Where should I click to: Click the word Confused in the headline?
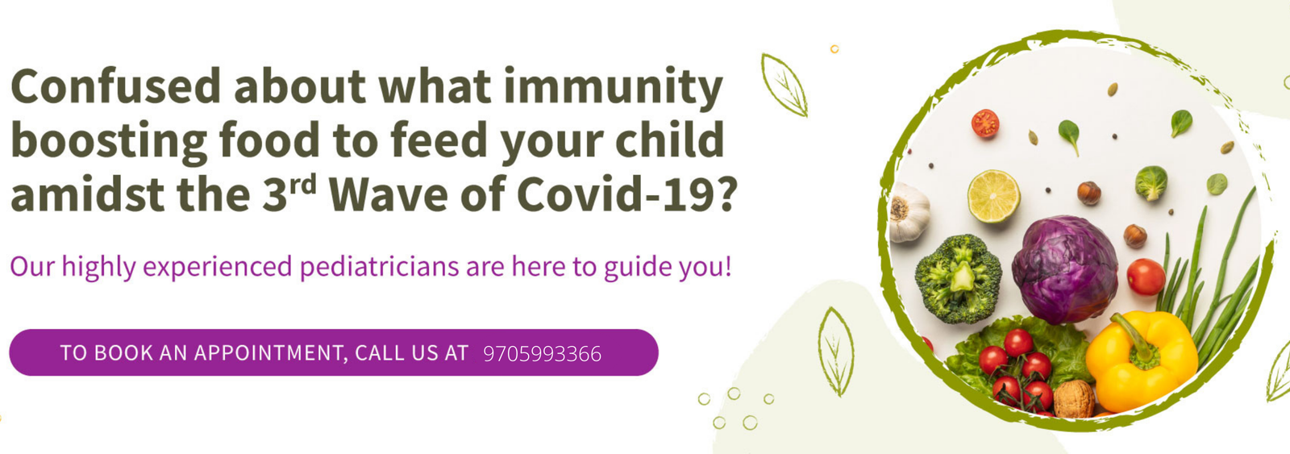(x=115, y=85)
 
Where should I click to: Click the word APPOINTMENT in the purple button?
(x=271, y=353)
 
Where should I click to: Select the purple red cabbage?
(x=1065, y=269)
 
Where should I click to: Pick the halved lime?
(x=993, y=196)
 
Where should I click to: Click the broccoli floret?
(x=959, y=278)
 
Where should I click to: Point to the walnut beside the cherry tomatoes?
(x=1074, y=398)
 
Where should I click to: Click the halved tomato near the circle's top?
(x=985, y=123)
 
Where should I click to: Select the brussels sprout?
(x=1151, y=182)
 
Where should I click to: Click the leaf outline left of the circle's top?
(x=784, y=85)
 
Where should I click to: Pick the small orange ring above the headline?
(x=834, y=49)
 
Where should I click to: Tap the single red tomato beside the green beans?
(x=1146, y=277)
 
